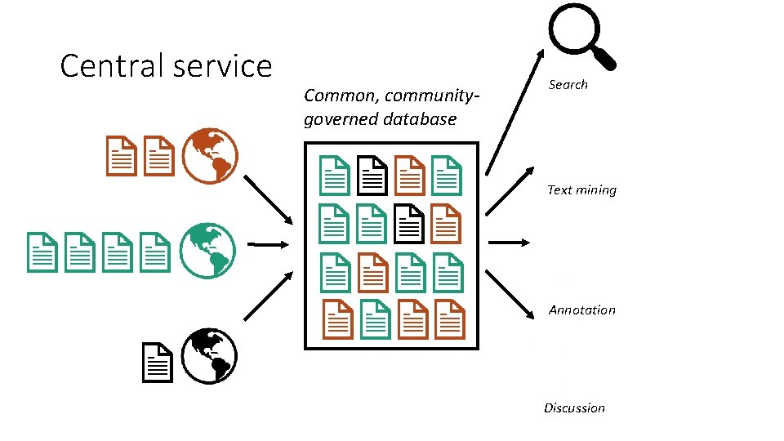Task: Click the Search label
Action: click(568, 84)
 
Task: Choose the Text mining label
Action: click(581, 189)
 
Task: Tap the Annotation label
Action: click(581, 310)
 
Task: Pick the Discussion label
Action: click(574, 408)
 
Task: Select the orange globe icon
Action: click(209, 155)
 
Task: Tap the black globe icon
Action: click(208, 356)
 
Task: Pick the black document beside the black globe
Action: click(157, 363)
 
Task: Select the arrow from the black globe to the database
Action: click(269, 296)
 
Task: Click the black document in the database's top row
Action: click(372, 174)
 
